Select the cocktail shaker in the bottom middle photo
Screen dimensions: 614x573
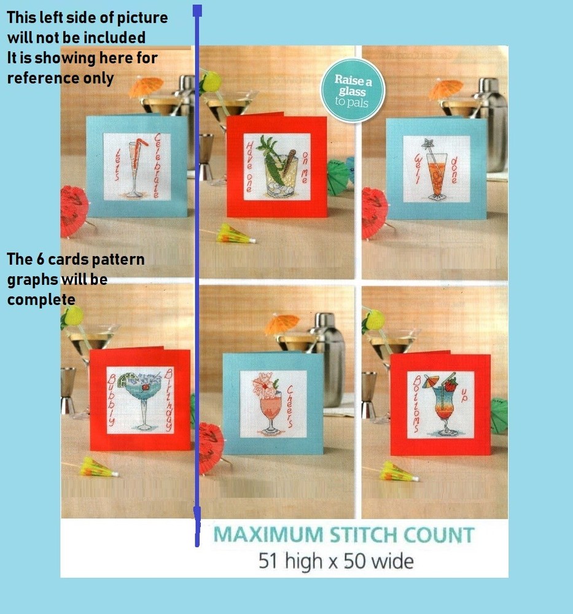(325, 356)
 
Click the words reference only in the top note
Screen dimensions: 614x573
(60, 78)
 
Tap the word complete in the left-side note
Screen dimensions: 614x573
(41, 300)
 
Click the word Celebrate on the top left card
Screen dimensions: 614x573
(158, 166)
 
